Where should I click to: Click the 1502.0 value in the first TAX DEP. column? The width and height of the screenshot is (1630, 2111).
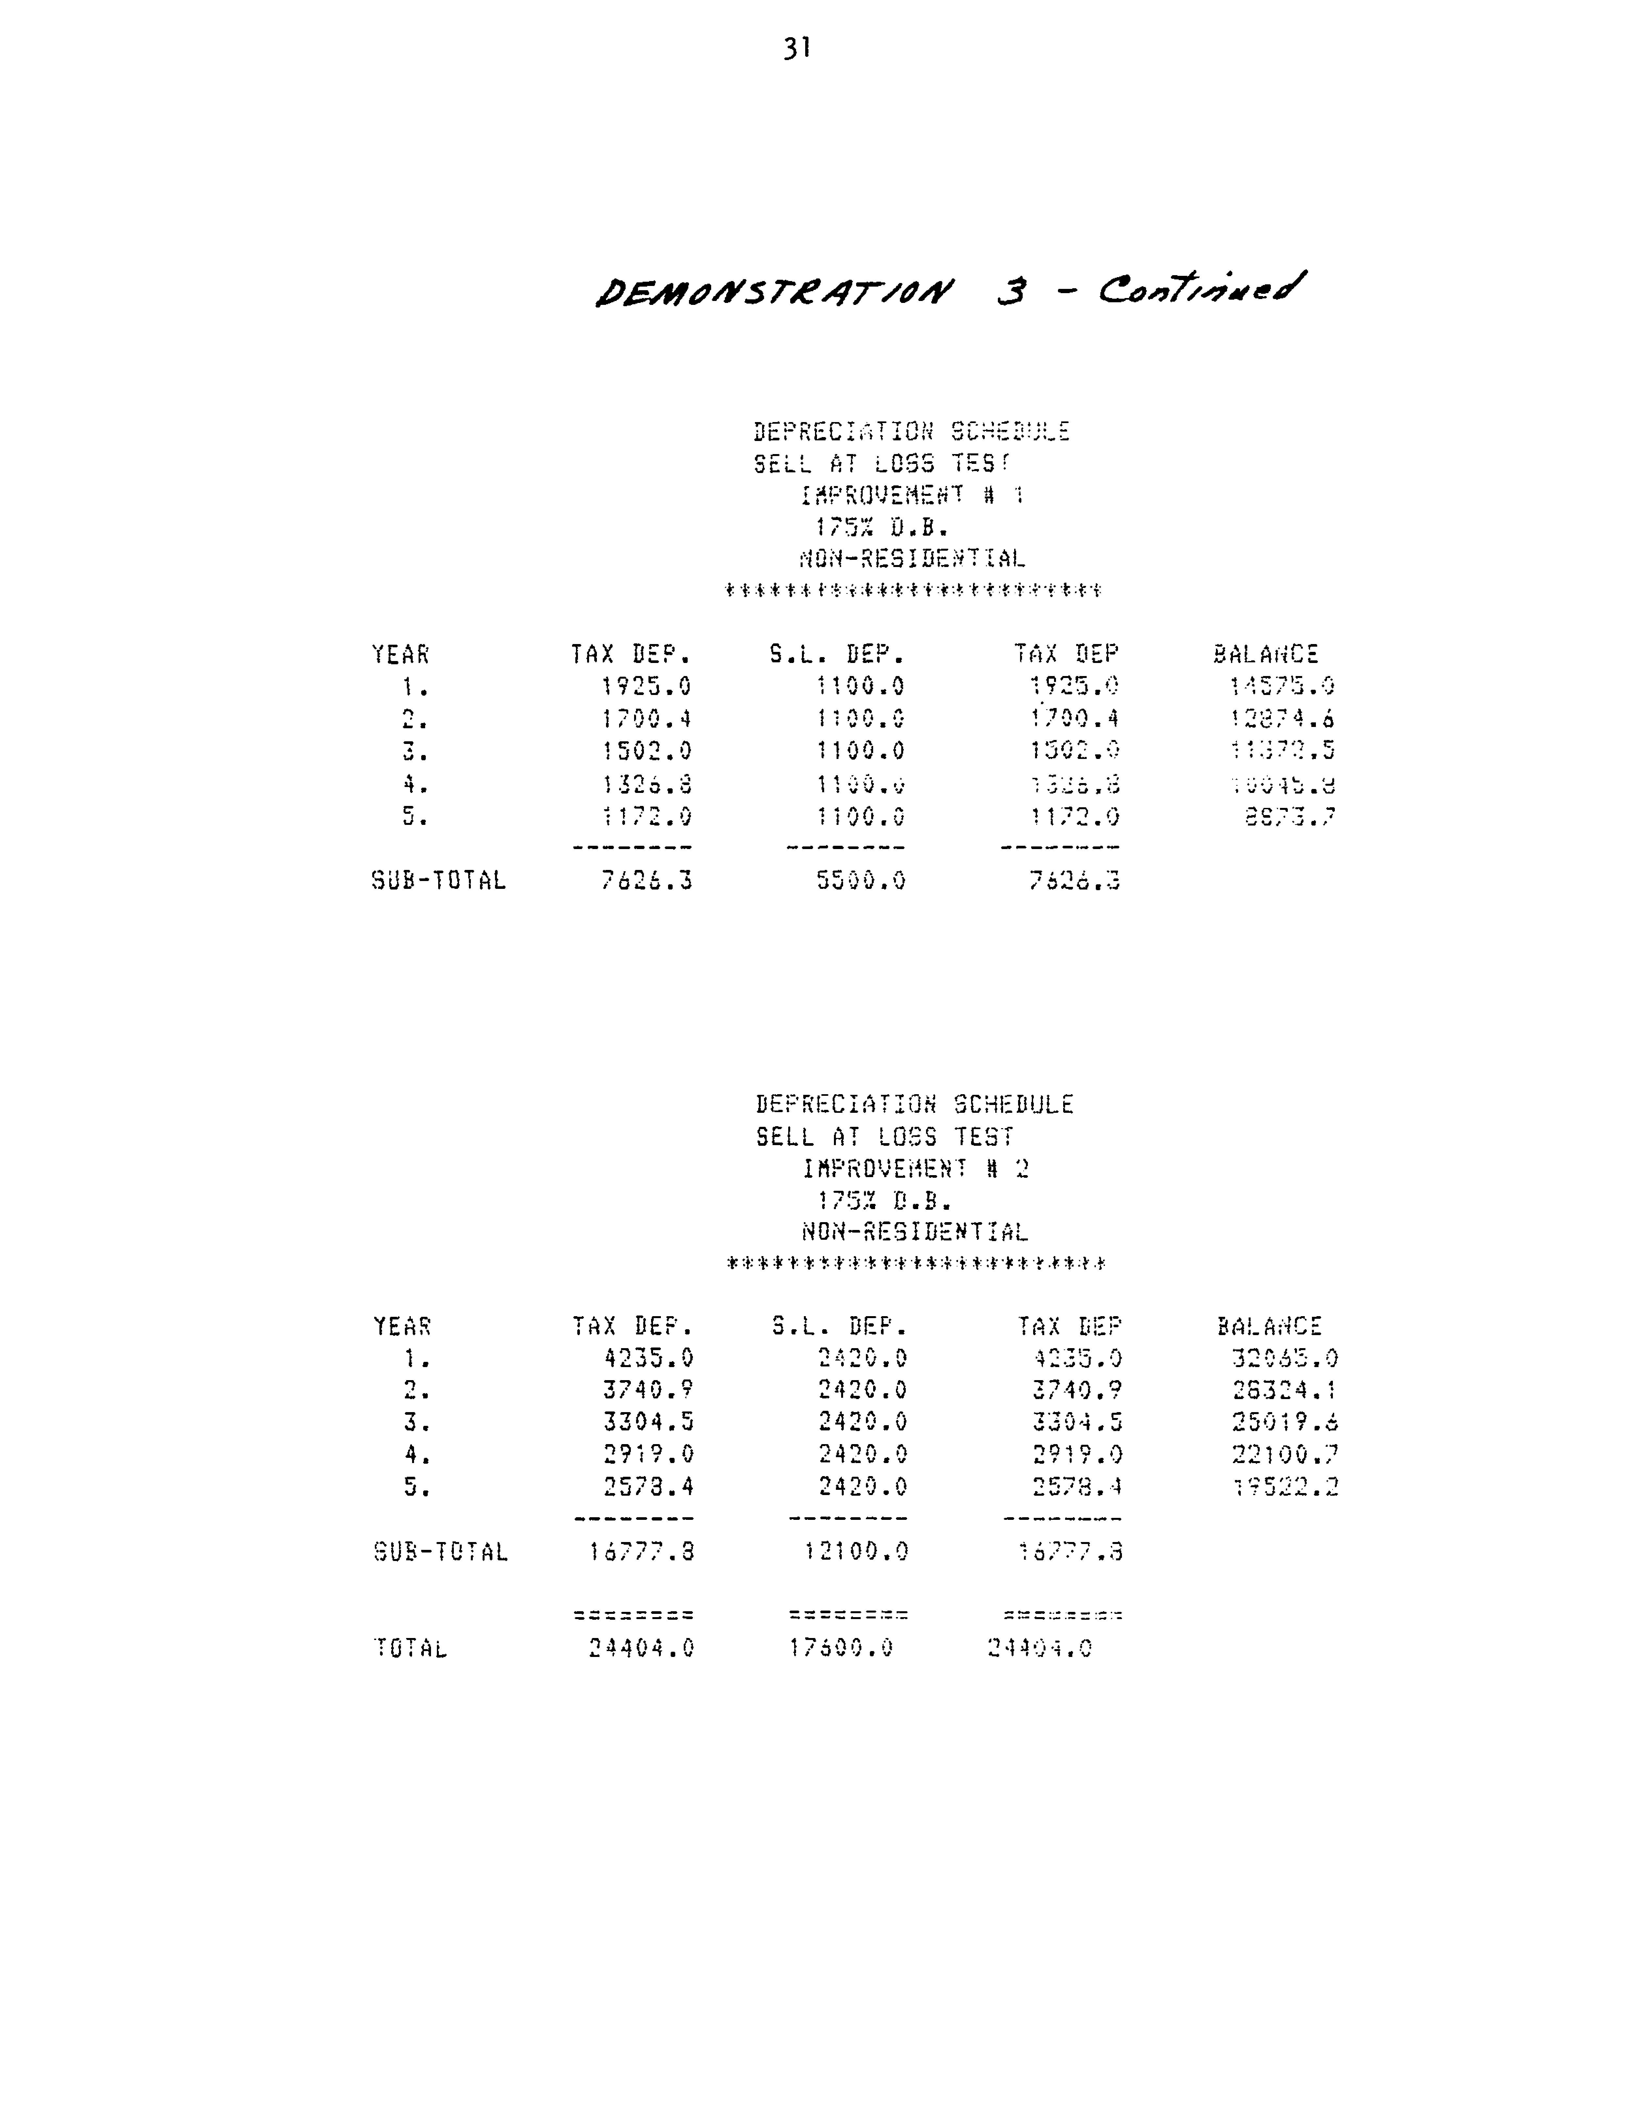646,751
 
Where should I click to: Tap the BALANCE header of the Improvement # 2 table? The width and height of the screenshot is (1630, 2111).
1269,1326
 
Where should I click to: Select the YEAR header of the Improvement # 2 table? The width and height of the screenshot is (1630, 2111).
402,1326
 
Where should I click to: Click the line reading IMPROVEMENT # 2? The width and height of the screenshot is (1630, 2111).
916,1169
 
